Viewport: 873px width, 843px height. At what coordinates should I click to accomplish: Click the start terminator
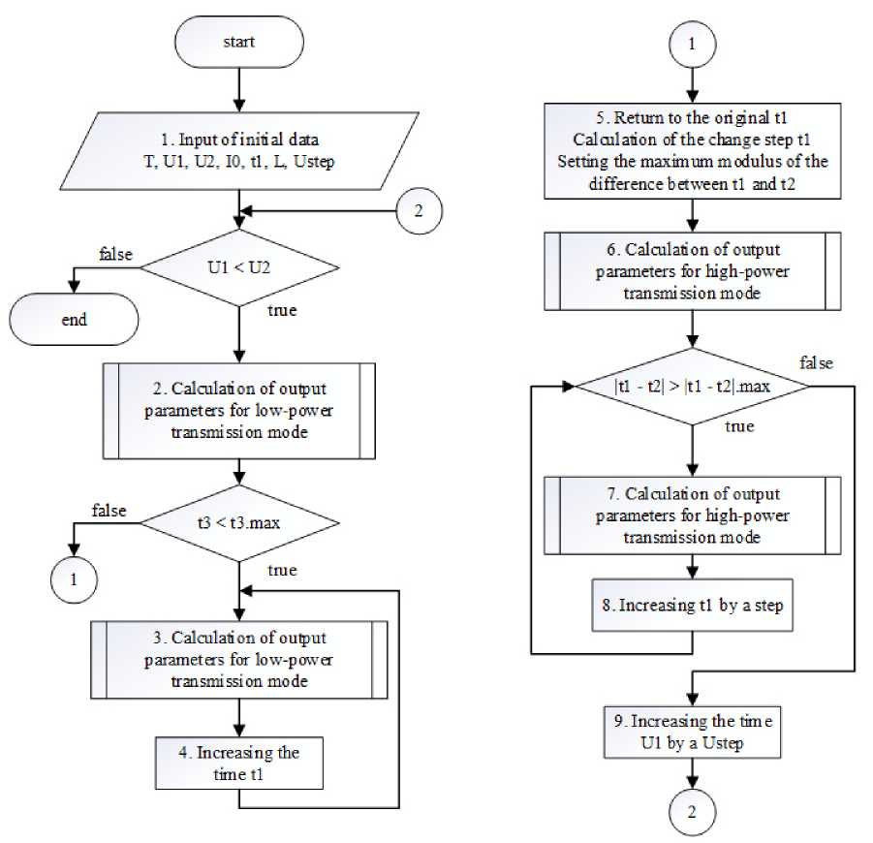237,44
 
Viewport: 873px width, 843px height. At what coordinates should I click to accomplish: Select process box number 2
238,412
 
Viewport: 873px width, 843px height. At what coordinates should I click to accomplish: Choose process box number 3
238,660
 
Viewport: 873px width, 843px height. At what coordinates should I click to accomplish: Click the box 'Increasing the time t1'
238,764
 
